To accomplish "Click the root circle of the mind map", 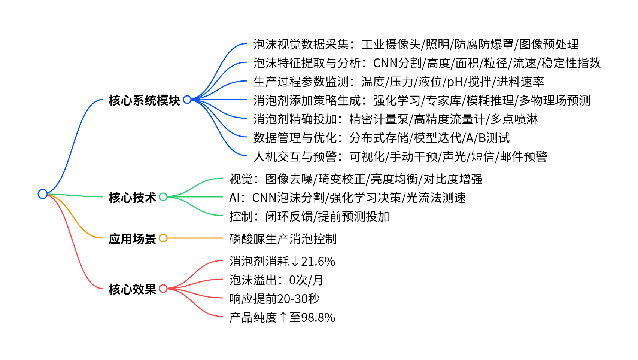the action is [43, 194].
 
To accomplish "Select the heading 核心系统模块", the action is [144, 100].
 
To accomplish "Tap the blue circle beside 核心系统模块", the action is [187, 100].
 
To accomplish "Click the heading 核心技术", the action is [132, 197].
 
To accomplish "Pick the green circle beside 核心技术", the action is [163, 197].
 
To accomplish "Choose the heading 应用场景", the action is [132, 238].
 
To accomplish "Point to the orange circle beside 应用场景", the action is [163, 238].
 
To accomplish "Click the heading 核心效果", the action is [132, 289].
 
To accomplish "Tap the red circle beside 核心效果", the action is [163, 289].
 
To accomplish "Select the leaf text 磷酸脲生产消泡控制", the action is [283, 238].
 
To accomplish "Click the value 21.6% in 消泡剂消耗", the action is [318, 261].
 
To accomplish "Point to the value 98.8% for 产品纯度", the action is [318, 317].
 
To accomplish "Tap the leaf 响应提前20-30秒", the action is [274, 299].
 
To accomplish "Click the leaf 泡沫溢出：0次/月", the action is [276, 280].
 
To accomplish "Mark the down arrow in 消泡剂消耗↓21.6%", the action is [295, 261].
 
